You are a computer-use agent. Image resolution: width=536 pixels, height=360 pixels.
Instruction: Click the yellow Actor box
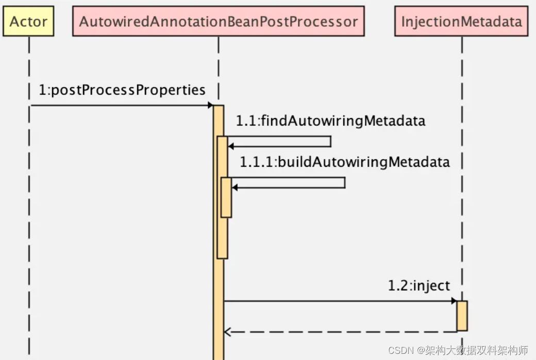[x=28, y=22]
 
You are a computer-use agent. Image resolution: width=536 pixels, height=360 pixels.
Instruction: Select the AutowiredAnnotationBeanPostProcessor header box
[x=218, y=22]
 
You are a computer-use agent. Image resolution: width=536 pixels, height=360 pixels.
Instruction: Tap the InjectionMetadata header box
[x=461, y=22]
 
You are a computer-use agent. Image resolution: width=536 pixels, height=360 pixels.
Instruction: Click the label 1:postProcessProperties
[x=122, y=90]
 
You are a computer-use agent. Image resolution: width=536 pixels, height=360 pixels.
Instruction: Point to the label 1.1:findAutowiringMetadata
[x=330, y=121]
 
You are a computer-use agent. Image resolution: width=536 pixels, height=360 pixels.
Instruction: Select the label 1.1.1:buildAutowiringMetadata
[x=344, y=162]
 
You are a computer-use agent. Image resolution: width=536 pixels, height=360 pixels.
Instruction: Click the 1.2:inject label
[x=418, y=286]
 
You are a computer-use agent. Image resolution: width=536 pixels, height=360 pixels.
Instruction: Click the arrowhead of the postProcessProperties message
[x=210, y=106]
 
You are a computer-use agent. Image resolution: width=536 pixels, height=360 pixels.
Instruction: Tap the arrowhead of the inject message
[x=454, y=301]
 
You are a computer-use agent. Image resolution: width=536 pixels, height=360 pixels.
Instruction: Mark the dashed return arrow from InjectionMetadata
[x=340, y=332]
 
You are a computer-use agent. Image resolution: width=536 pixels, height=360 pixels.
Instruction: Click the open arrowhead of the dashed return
[x=227, y=332]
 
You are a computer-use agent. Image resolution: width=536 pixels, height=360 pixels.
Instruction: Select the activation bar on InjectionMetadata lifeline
[x=462, y=316]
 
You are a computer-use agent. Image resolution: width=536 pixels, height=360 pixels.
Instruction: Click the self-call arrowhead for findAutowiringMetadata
[x=231, y=146]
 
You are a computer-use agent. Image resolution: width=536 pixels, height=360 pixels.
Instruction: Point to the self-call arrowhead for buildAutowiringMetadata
[x=235, y=187]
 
